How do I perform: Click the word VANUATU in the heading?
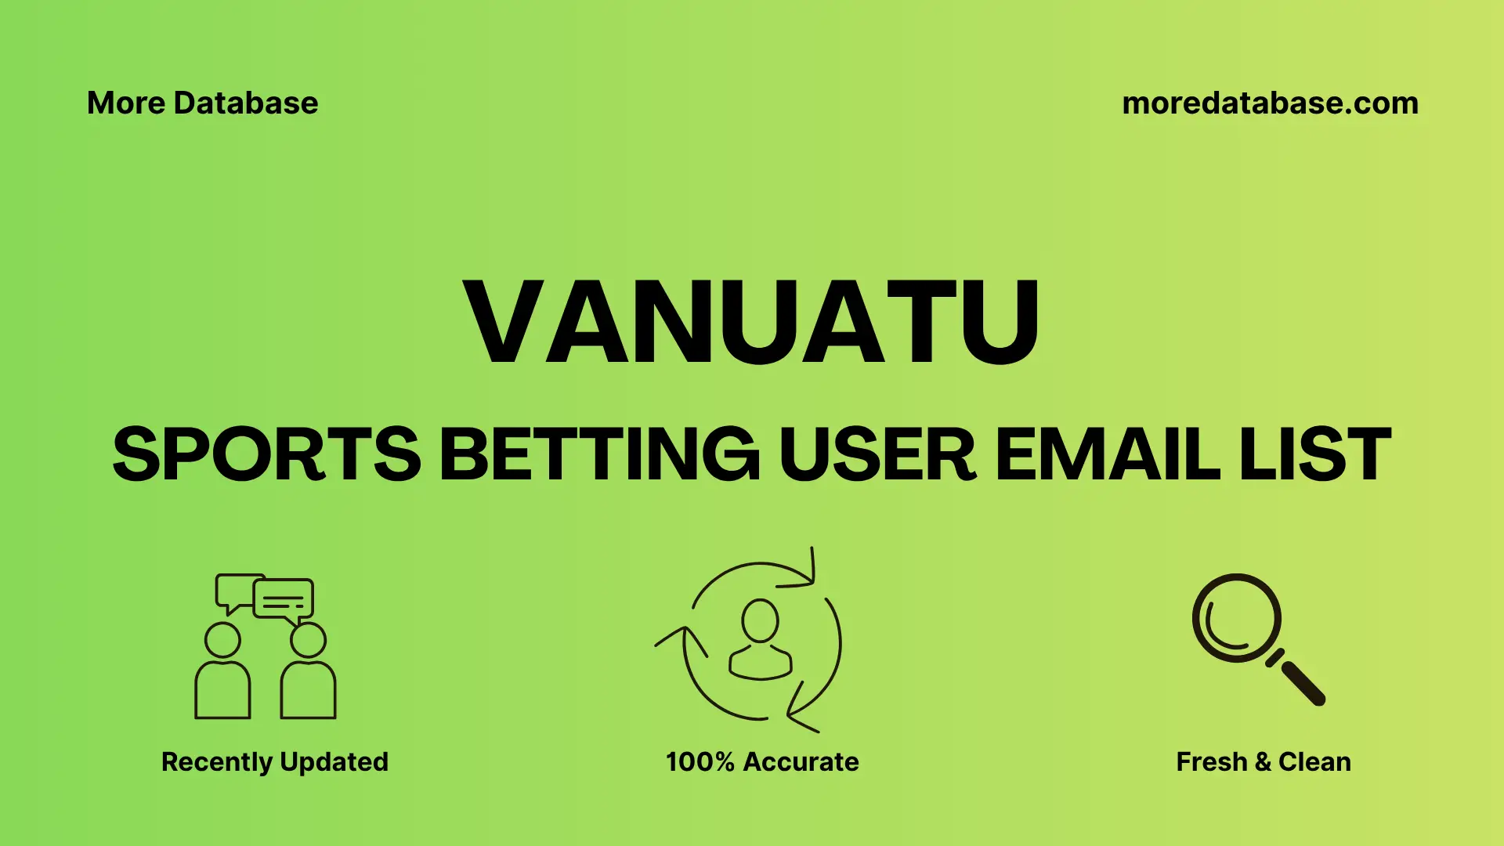(x=752, y=322)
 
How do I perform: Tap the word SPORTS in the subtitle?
(x=266, y=454)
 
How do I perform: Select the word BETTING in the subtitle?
(x=599, y=454)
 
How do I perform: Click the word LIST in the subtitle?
(x=1315, y=454)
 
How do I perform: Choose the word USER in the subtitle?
(x=877, y=454)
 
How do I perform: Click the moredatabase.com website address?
(x=1270, y=103)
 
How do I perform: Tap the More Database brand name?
(x=202, y=103)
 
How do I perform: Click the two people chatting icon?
(x=265, y=646)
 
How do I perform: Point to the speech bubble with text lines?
(x=284, y=600)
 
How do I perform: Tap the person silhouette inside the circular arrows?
(x=760, y=638)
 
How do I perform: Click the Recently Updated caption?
(x=274, y=761)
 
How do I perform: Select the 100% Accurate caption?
(x=762, y=761)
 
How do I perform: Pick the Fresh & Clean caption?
(x=1264, y=761)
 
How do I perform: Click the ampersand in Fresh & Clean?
(x=1262, y=761)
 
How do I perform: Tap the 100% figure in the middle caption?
(x=700, y=761)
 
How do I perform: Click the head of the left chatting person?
(x=222, y=640)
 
